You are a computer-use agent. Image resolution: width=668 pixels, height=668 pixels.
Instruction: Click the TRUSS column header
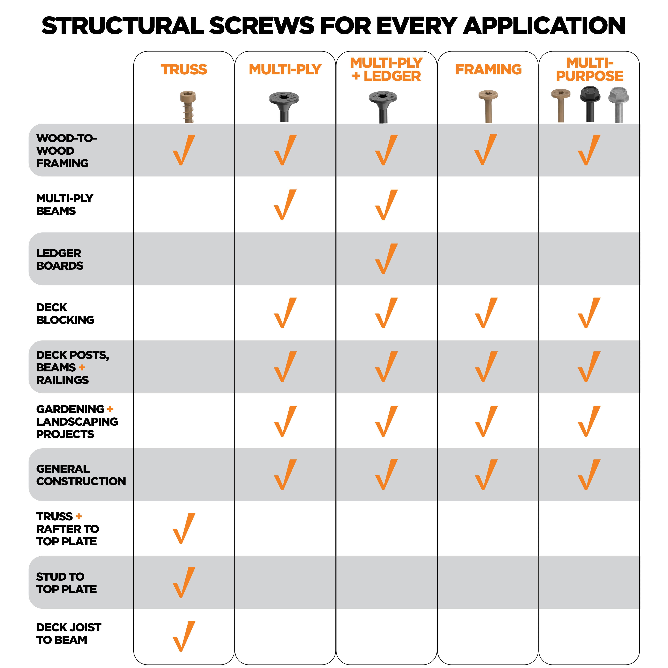click(x=184, y=70)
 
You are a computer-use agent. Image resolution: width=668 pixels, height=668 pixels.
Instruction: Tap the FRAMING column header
click(x=488, y=70)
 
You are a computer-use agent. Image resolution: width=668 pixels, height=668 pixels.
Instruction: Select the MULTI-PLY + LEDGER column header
click(x=386, y=70)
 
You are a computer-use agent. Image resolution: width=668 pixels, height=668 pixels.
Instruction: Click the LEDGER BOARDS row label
click(x=59, y=259)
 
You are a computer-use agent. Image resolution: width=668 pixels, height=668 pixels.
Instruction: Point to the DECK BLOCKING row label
click(x=65, y=314)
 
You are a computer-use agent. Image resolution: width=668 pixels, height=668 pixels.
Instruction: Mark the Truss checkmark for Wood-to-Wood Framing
click(x=184, y=150)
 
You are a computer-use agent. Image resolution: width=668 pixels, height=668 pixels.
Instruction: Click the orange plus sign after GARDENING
click(x=110, y=409)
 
